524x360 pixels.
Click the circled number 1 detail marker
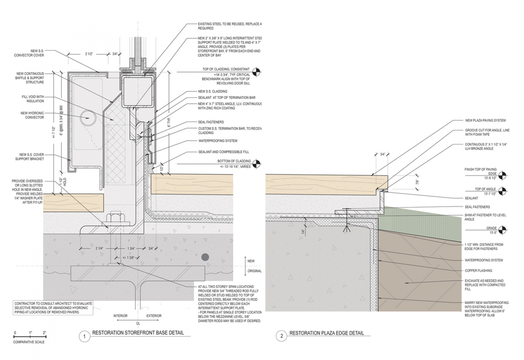(x=85, y=337)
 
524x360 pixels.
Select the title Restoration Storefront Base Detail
(x=138, y=333)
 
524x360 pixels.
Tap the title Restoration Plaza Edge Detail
(x=326, y=333)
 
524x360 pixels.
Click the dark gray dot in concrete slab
(x=205, y=257)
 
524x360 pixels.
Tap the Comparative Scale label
(x=29, y=342)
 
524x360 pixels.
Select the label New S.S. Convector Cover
(x=29, y=53)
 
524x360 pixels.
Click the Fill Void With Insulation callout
(x=32, y=99)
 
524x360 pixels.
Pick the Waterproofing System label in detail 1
(x=218, y=141)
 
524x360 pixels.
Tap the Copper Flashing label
(x=478, y=271)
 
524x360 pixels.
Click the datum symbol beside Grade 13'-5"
(x=503, y=230)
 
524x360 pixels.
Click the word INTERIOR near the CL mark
(x=120, y=316)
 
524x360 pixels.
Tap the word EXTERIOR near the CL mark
(x=154, y=316)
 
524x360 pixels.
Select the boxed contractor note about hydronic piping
(x=53, y=308)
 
